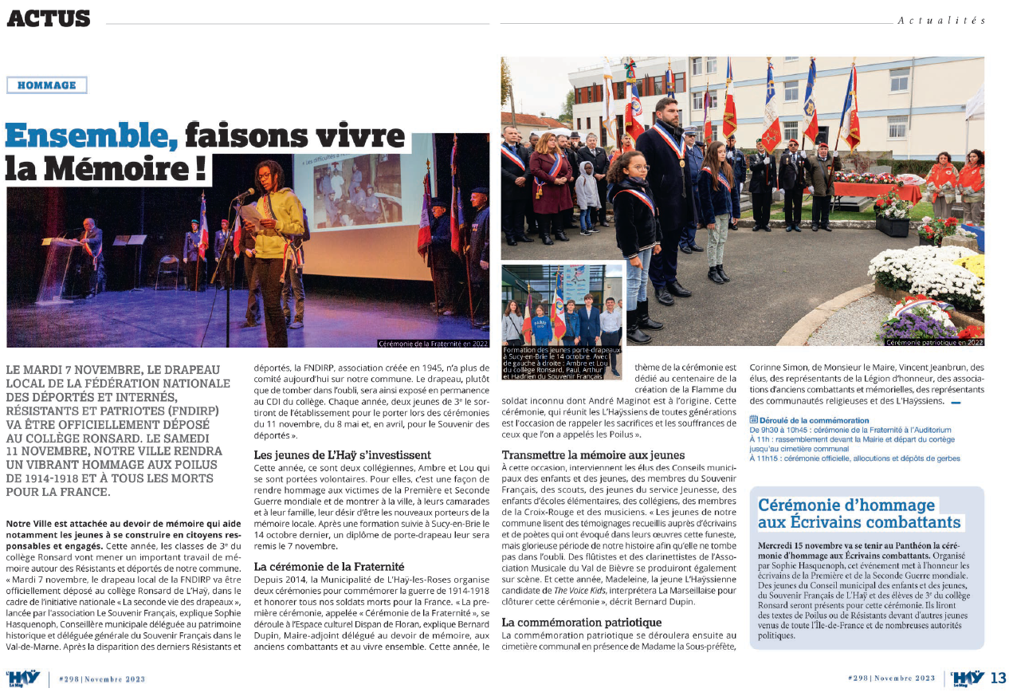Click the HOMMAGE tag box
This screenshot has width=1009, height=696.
(x=46, y=85)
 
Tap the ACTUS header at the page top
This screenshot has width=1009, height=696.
(x=49, y=18)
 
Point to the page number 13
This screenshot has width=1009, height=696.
(x=998, y=678)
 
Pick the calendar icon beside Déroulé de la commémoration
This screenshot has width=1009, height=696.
(x=754, y=419)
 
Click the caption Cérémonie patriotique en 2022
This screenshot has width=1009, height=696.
(x=934, y=343)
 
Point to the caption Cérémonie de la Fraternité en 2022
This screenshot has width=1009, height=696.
(x=434, y=344)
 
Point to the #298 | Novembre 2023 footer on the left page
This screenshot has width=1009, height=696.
(x=102, y=678)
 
